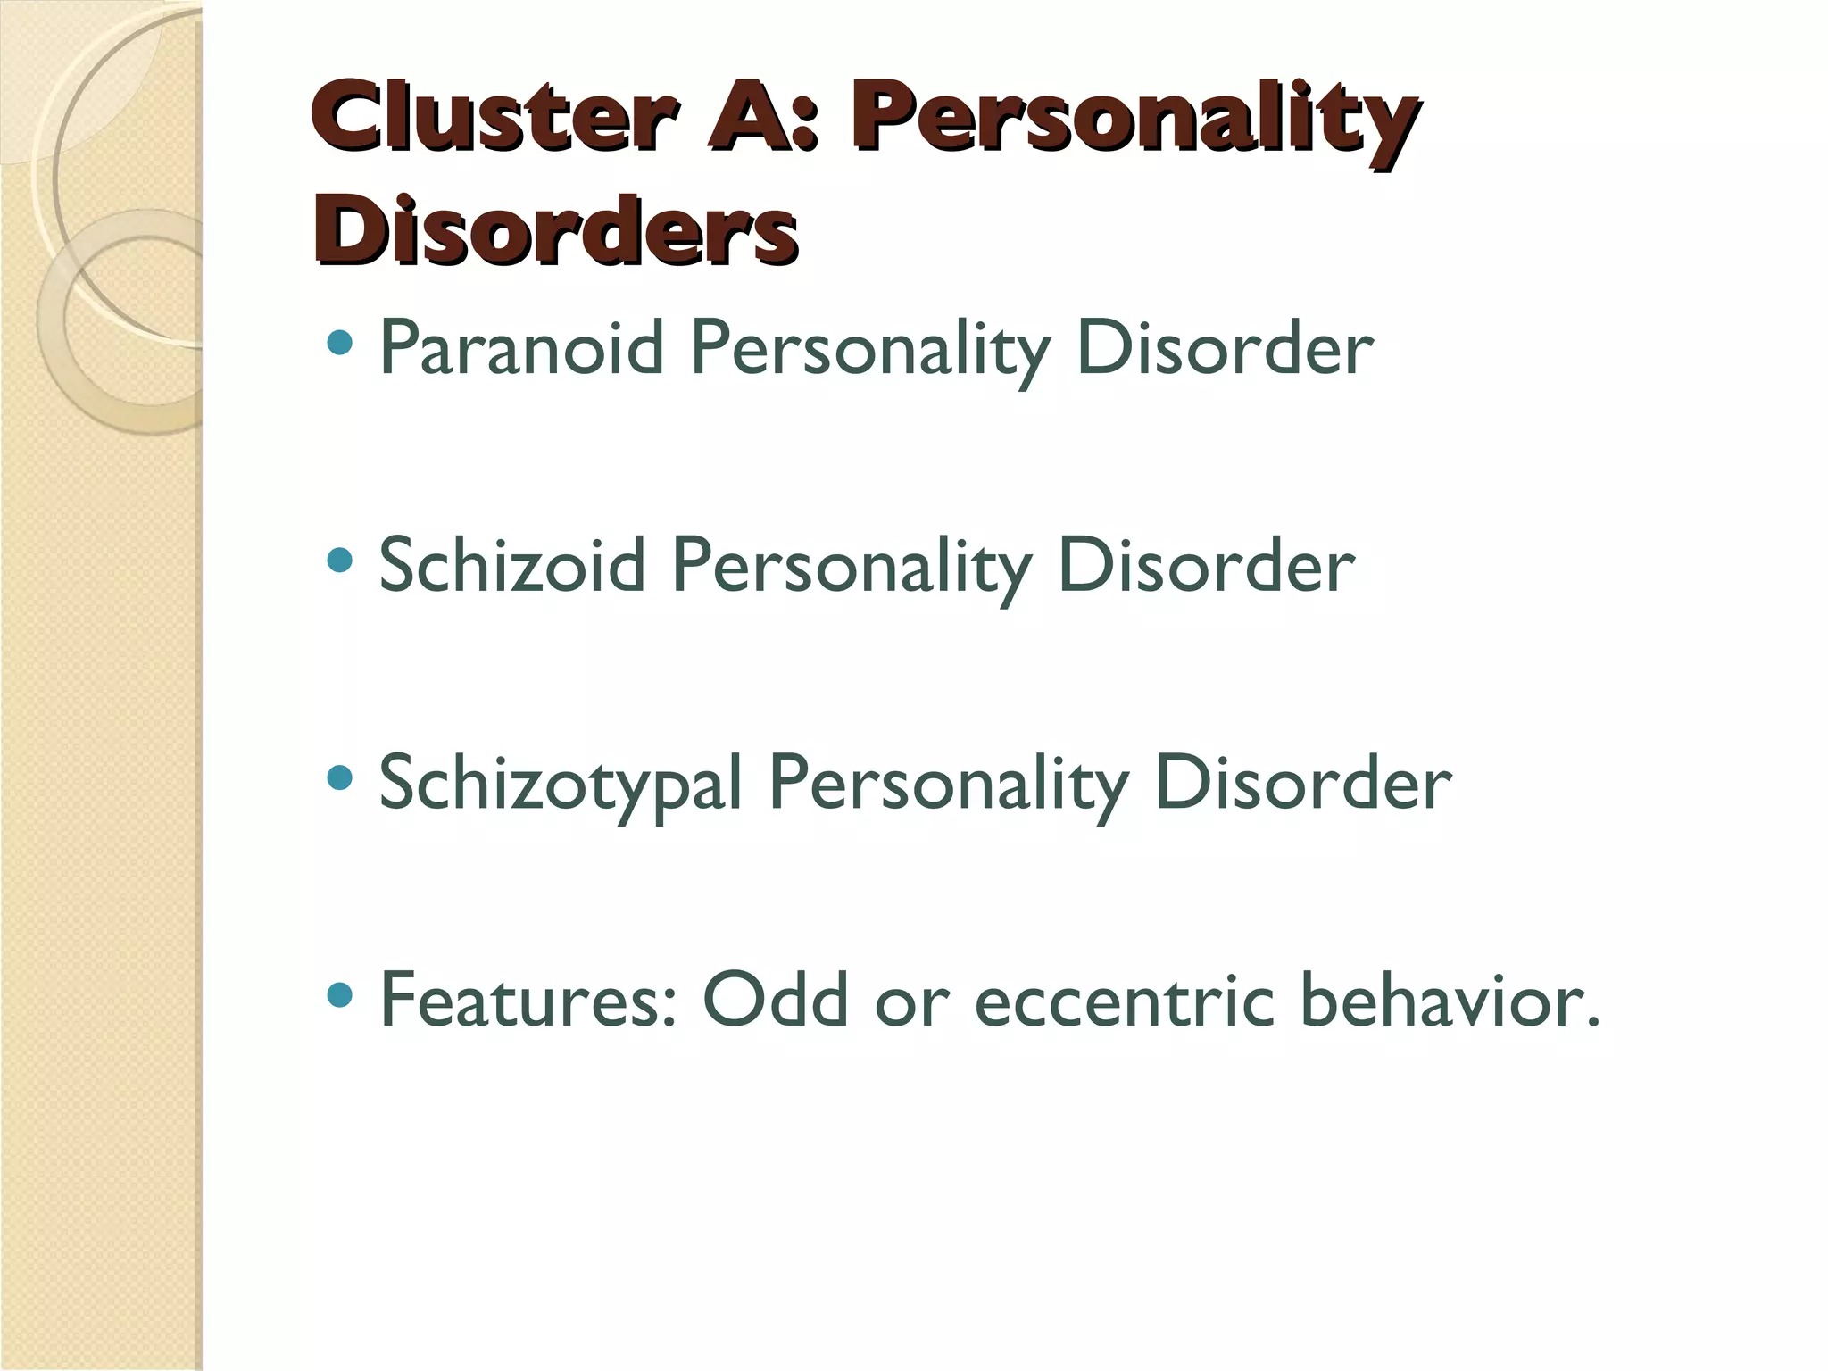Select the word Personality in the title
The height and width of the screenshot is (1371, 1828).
click(1134, 121)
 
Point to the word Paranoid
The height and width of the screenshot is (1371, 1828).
click(521, 348)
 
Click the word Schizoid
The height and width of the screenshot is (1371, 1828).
click(512, 565)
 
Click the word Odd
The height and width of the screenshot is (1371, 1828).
click(775, 1000)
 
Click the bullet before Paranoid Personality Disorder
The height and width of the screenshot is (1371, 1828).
click(340, 343)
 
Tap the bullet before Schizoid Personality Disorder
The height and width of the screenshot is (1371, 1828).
click(340, 561)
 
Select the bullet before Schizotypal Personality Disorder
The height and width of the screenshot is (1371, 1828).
click(340, 778)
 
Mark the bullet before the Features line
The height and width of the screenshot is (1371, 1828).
click(340, 994)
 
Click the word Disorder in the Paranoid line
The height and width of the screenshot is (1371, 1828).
click(1225, 348)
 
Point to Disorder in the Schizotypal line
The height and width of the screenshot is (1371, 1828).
click(1303, 784)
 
